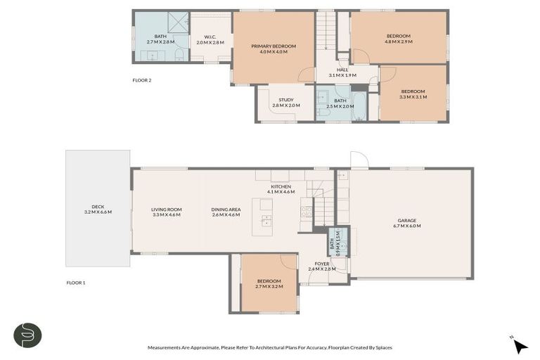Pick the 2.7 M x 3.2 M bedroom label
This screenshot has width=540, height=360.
pos(269,284)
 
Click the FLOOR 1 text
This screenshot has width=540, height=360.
pos(75,283)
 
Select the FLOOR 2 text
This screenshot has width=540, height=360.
pos(142,80)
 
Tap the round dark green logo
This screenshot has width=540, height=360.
pos(27,334)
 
